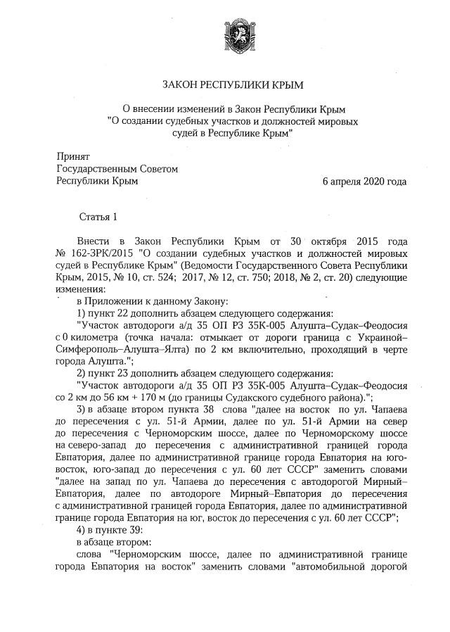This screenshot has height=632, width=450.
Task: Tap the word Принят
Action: point(73,156)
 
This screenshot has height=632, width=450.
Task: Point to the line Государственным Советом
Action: point(117,169)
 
